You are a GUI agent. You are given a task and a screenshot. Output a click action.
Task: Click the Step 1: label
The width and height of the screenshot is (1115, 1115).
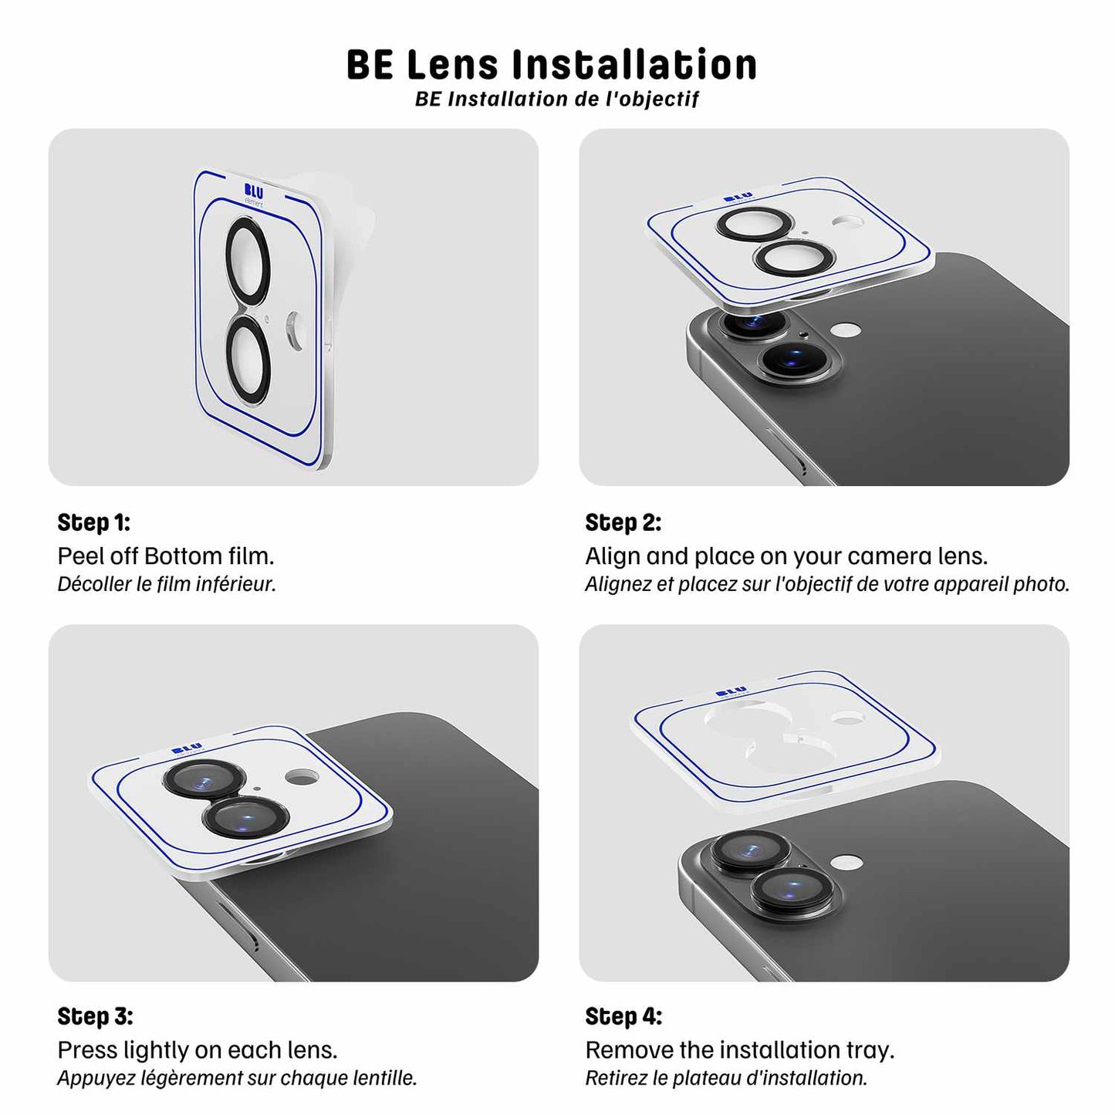(x=93, y=522)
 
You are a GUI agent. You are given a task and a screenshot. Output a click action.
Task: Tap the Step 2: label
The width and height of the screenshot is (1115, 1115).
(x=623, y=522)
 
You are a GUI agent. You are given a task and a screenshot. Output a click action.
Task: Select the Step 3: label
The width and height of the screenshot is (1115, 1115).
(x=95, y=1016)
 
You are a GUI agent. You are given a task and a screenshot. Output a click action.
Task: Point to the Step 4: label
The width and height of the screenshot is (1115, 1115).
(x=623, y=1016)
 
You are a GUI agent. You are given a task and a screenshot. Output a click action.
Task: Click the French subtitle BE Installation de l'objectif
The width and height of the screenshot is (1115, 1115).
(x=556, y=100)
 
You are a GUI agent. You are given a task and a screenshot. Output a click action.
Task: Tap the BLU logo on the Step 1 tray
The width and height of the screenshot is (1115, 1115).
(x=253, y=191)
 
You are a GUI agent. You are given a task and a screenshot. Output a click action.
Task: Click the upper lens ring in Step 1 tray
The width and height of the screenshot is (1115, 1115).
(x=248, y=260)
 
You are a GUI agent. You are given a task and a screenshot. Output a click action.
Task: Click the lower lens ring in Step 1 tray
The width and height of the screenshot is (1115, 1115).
(x=248, y=360)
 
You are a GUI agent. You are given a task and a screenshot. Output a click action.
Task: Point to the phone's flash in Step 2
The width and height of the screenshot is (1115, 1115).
(x=846, y=329)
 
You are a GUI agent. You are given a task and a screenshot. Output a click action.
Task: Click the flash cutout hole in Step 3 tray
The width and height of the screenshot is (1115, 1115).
(x=302, y=776)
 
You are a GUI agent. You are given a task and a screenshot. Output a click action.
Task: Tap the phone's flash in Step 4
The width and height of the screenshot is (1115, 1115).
(x=847, y=862)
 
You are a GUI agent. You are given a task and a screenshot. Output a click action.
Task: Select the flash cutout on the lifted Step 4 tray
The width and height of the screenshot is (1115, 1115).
(x=847, y=718)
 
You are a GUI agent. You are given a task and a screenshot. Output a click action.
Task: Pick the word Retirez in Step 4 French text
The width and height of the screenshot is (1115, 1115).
(x=616, y=1078)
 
